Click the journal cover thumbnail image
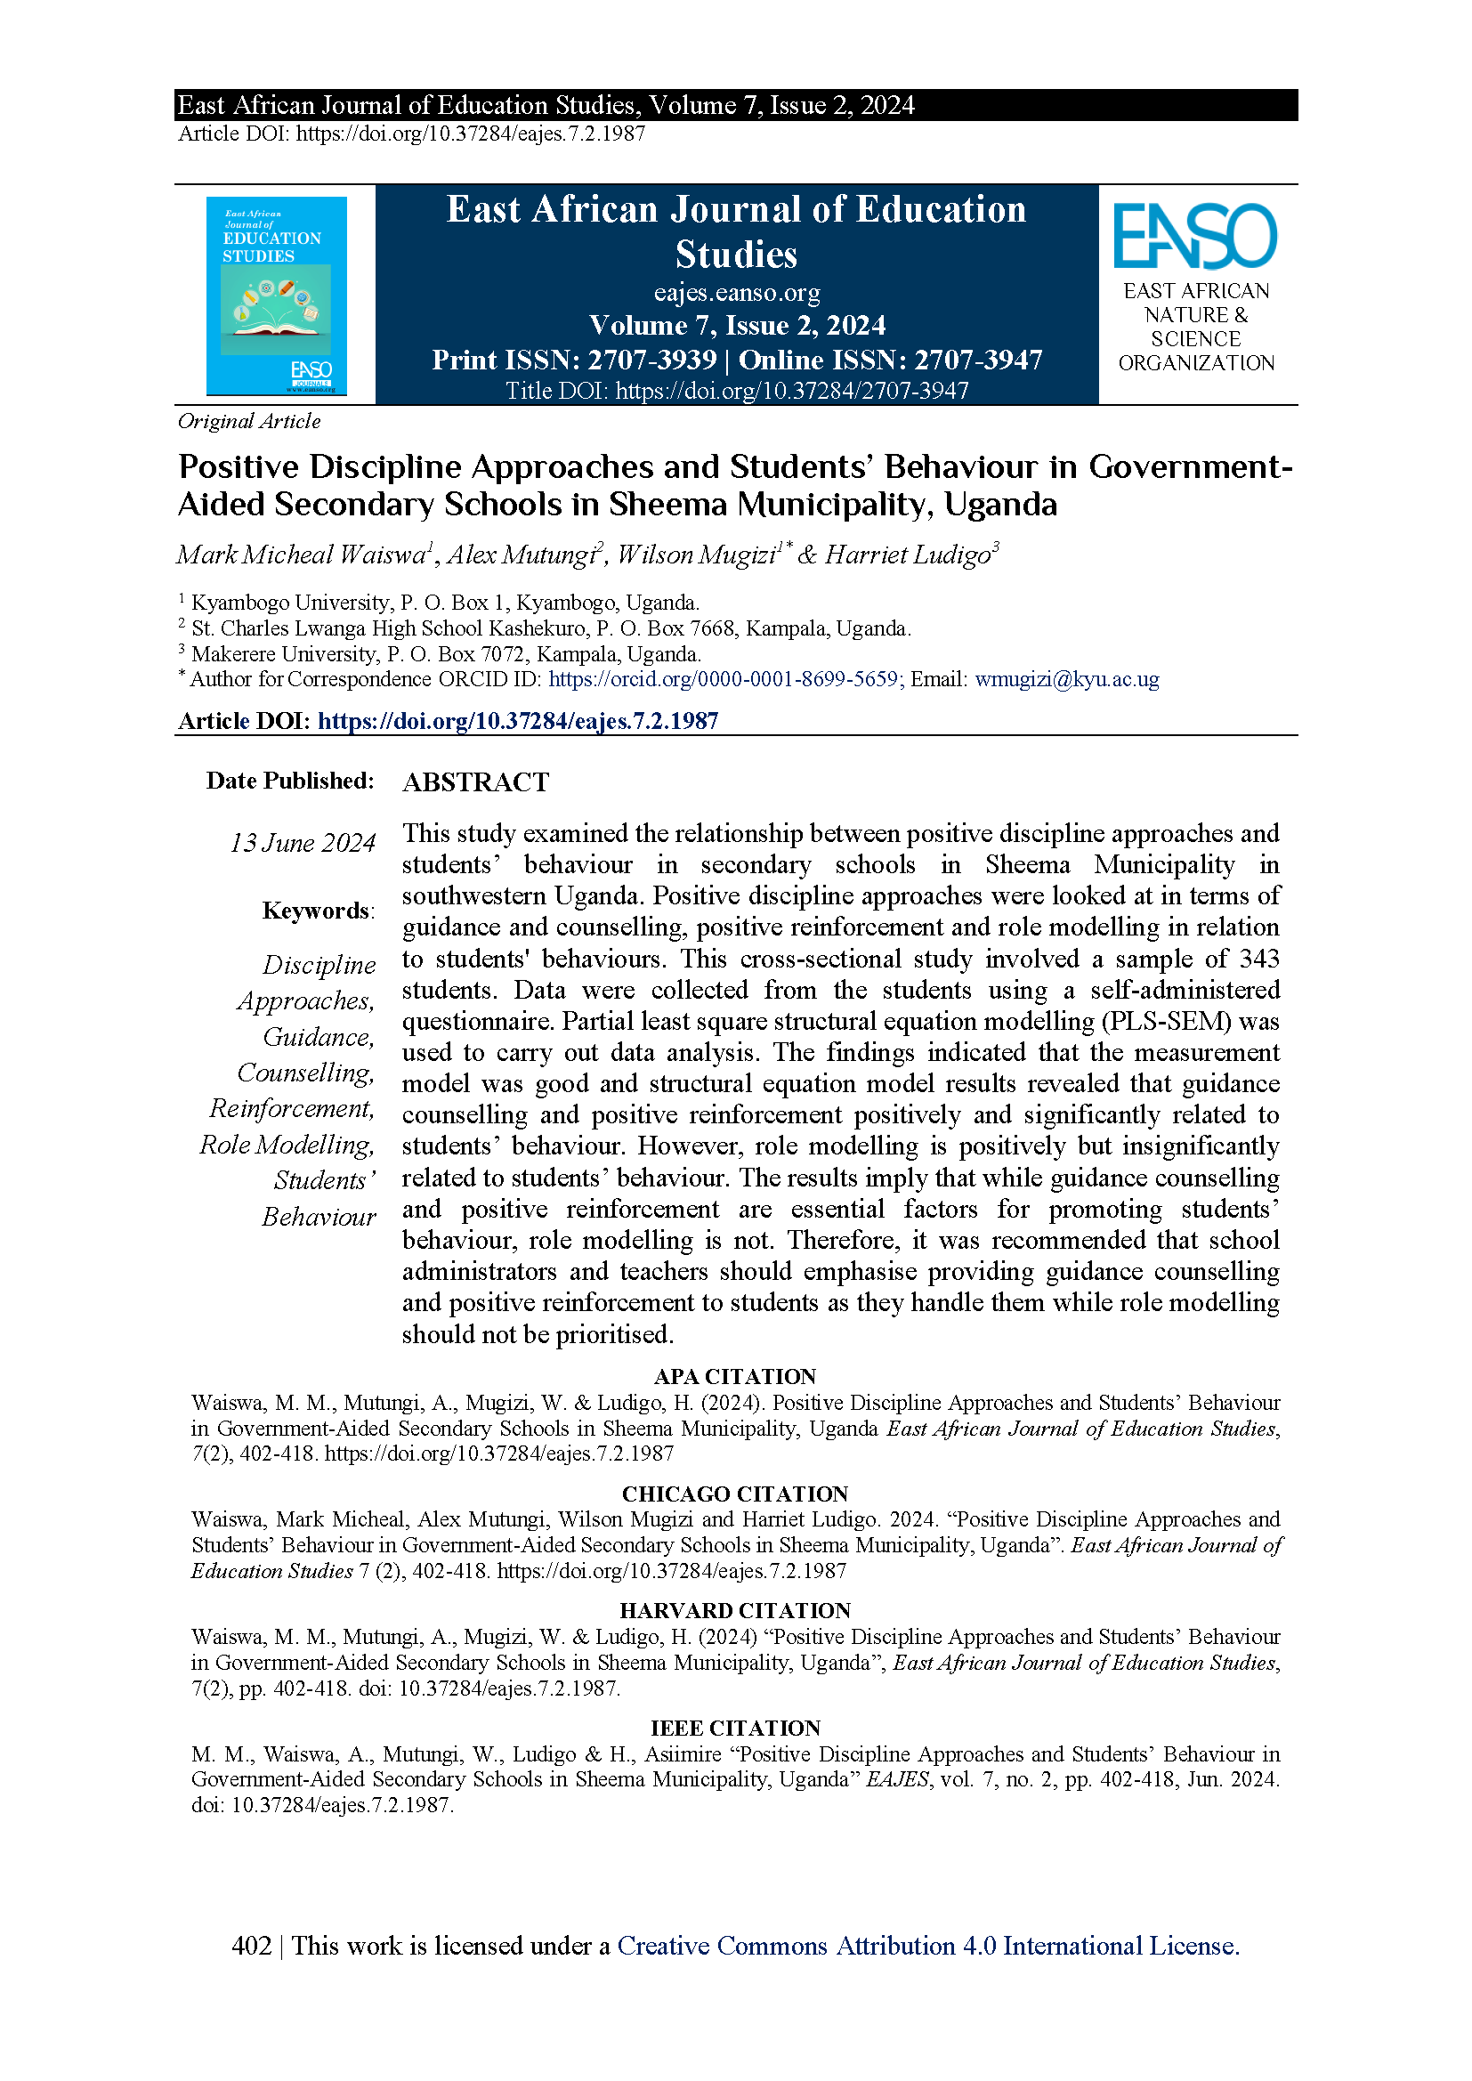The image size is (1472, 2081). tap(277, 296)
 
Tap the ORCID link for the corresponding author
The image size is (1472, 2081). tap(724, 679)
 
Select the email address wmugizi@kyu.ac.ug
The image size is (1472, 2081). tap(1067, 679)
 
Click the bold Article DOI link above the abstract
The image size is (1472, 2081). tap(518, 721)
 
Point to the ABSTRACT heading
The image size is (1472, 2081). tap(476, 782)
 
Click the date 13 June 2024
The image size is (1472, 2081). tap(303, 843)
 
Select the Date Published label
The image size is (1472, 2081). tap(290, 781)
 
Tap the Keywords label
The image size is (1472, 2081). tap(317, 910)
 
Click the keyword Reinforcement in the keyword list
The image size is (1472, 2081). tap(292, 1108)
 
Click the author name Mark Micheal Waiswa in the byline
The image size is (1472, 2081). tap(301, 555)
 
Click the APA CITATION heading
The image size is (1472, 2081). tap(735, 1376)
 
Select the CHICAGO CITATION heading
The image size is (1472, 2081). tap(735, 1494)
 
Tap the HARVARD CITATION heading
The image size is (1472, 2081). tap(735, 1611)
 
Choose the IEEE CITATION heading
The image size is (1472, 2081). tap(735, 1728)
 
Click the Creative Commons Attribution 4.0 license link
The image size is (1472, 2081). tap(928, 1946)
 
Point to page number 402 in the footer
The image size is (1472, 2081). tap(251, 1946)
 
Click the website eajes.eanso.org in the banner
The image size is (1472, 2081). tap(736, 293)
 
